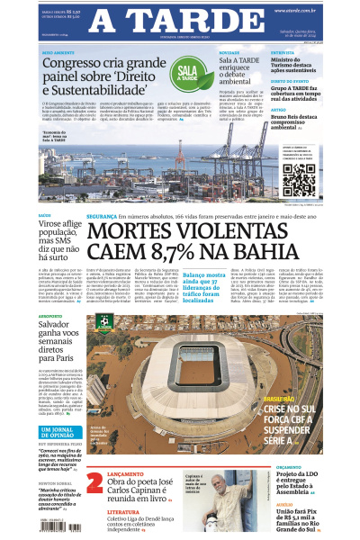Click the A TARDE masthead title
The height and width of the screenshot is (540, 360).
point(180,22)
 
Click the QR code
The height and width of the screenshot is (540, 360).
point(299,180)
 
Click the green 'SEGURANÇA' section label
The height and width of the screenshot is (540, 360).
point(101,217)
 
